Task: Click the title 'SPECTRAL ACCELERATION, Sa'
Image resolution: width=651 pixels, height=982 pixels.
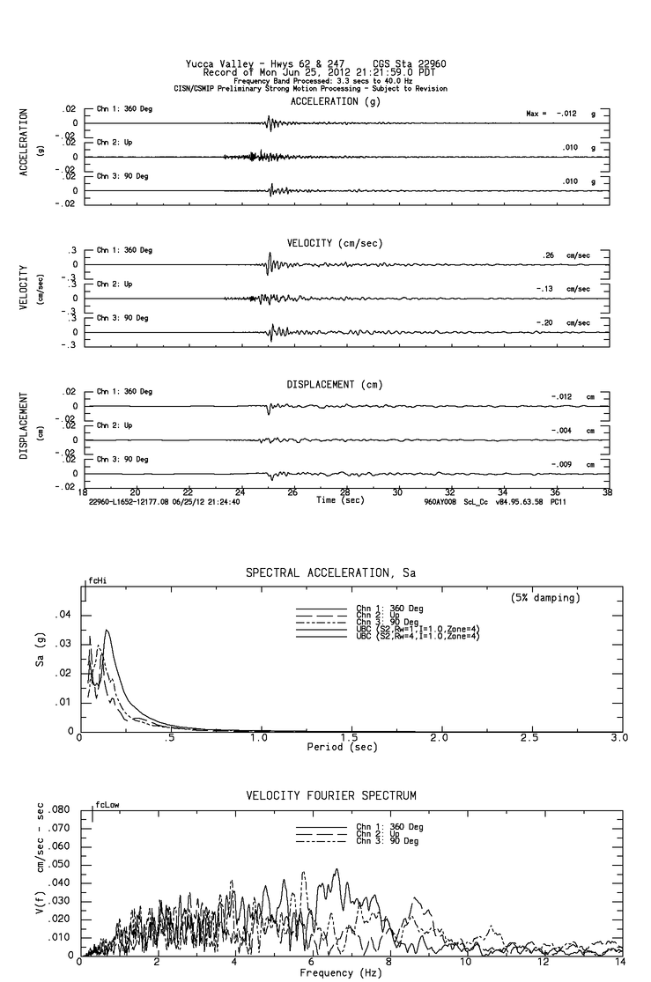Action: pyautogui.click(x=330, y=573)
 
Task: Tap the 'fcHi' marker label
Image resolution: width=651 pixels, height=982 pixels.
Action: pyautogui.click(x=97, y=581)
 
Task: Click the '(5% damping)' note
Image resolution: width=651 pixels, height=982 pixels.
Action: pyautogui.click(x=545, y=598)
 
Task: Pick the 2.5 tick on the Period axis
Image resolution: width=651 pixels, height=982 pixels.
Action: pyautogui.click(x=530, y=738)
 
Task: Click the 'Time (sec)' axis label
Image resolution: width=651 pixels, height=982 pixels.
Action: pyautogui.click(x=340, y=499)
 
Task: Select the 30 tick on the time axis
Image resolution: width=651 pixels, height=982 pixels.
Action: pyautogui.click(x=398, y=492)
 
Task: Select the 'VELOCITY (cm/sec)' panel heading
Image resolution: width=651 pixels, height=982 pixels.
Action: pyautogui.click(x=335, y=242)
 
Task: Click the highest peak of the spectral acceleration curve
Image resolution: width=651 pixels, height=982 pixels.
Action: pyautogui.click(x=107, y=630)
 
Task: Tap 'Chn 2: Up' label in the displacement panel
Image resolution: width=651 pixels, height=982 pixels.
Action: pyautogui.click(x=114, y=425)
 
